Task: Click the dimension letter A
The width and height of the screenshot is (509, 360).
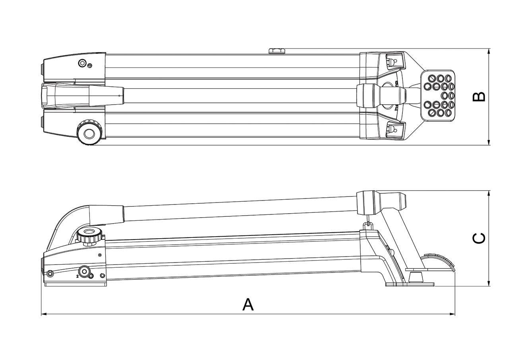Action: [x=248, y=305]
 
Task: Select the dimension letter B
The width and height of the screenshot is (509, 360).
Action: [x=479, y=97]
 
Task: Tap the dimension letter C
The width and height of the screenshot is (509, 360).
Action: [x=479, y=238]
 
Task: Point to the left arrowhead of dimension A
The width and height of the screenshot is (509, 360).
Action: [x=43, y=314]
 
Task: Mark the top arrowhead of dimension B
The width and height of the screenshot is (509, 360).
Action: [x=489, y=51]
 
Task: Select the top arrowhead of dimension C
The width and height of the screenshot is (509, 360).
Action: [x=489, y=193]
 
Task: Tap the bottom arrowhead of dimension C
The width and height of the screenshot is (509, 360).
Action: [x=489, y=284]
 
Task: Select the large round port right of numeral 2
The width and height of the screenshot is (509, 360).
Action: [x=84, y=272]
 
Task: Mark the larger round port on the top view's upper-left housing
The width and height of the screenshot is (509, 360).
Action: [x=82, y=63]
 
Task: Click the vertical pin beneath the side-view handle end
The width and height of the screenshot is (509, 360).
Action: [x=368, y=220]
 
